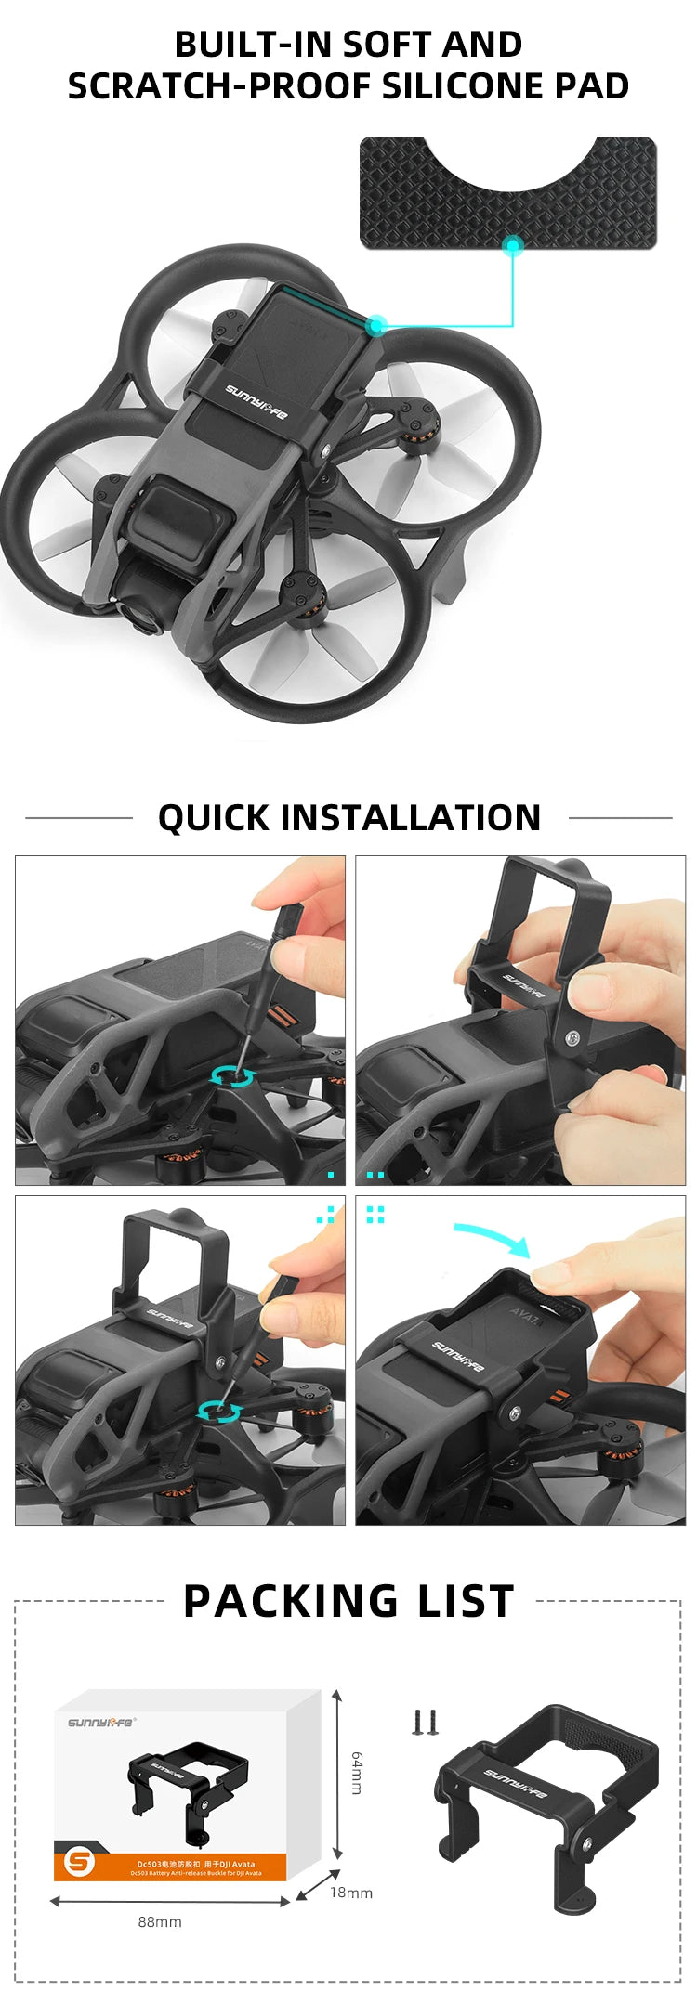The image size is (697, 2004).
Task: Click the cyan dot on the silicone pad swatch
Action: [x=512, y=246]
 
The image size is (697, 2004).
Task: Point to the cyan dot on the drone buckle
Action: [x=375, y=325]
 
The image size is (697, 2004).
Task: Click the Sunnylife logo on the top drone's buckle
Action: [x=256, y=401]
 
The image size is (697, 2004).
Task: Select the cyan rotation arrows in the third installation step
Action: [x=219, y=1412]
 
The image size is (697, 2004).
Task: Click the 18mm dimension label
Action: [x=351, y=1893]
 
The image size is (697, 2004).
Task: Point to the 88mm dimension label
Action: [x=160, y=1921]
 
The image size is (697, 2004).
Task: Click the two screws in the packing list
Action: [x=425, y=1723]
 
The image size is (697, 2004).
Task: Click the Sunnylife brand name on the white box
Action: [x=100, y=1722]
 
